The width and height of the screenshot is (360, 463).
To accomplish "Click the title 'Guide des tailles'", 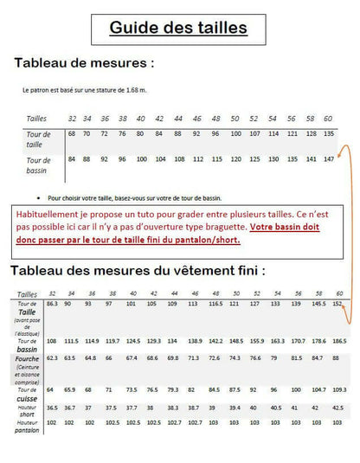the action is click(x=178, y=29).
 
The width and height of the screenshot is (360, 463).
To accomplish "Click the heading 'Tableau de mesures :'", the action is click(x=85, y=63).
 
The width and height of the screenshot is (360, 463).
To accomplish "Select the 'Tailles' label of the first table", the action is click(x=37, y=118).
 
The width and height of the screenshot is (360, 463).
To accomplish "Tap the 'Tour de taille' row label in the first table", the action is click(x=39, y=138).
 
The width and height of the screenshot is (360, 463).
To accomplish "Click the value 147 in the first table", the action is click(x=329, y=159).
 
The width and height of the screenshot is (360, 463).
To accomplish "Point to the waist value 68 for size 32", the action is click(x=72, y=133).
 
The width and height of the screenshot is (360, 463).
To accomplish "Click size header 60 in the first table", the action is click(x=328, y=118).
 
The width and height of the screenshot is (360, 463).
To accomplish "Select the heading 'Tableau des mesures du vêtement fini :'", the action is click(x=138, y=270).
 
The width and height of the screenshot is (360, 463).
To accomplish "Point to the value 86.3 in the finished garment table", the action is click(x=52, y=305).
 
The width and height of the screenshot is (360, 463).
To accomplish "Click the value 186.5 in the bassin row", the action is click(x=338, y=342).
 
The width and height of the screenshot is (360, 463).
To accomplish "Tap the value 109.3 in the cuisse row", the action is click(x=338, y=389).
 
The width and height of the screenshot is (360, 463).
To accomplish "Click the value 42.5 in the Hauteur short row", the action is click(x=338, y=407).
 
